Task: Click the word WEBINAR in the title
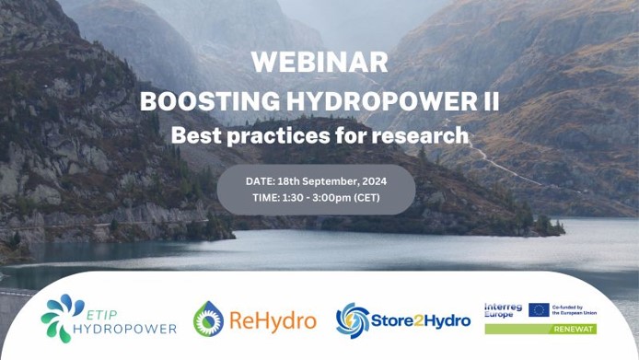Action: (319, 63)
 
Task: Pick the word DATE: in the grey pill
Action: (262, 180)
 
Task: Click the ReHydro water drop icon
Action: (209, 319)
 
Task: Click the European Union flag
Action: (538, 310)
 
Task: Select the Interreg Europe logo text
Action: (503, 310)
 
